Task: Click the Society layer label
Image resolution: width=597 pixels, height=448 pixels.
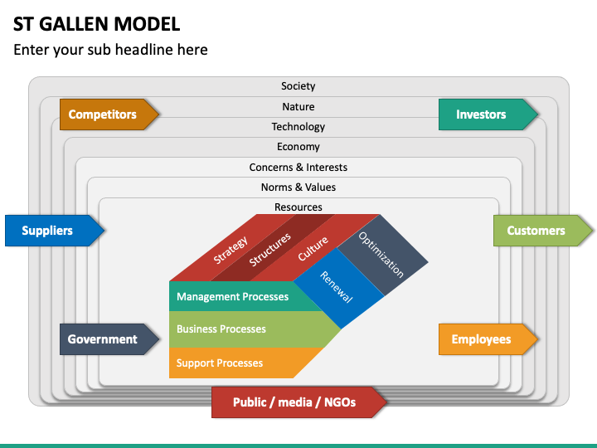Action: (298, 86)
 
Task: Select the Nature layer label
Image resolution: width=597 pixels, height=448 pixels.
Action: (298, 106)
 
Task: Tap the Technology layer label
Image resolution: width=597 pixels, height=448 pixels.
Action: (298, 127)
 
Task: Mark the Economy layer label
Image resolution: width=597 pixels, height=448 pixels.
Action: (298, 147)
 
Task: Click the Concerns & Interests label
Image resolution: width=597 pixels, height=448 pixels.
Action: (298, 168)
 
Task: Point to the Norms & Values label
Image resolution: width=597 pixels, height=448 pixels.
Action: (298, 187)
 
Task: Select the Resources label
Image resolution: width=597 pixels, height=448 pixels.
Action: (298, 207)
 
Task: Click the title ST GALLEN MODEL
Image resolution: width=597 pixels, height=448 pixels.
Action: (96, 23)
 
